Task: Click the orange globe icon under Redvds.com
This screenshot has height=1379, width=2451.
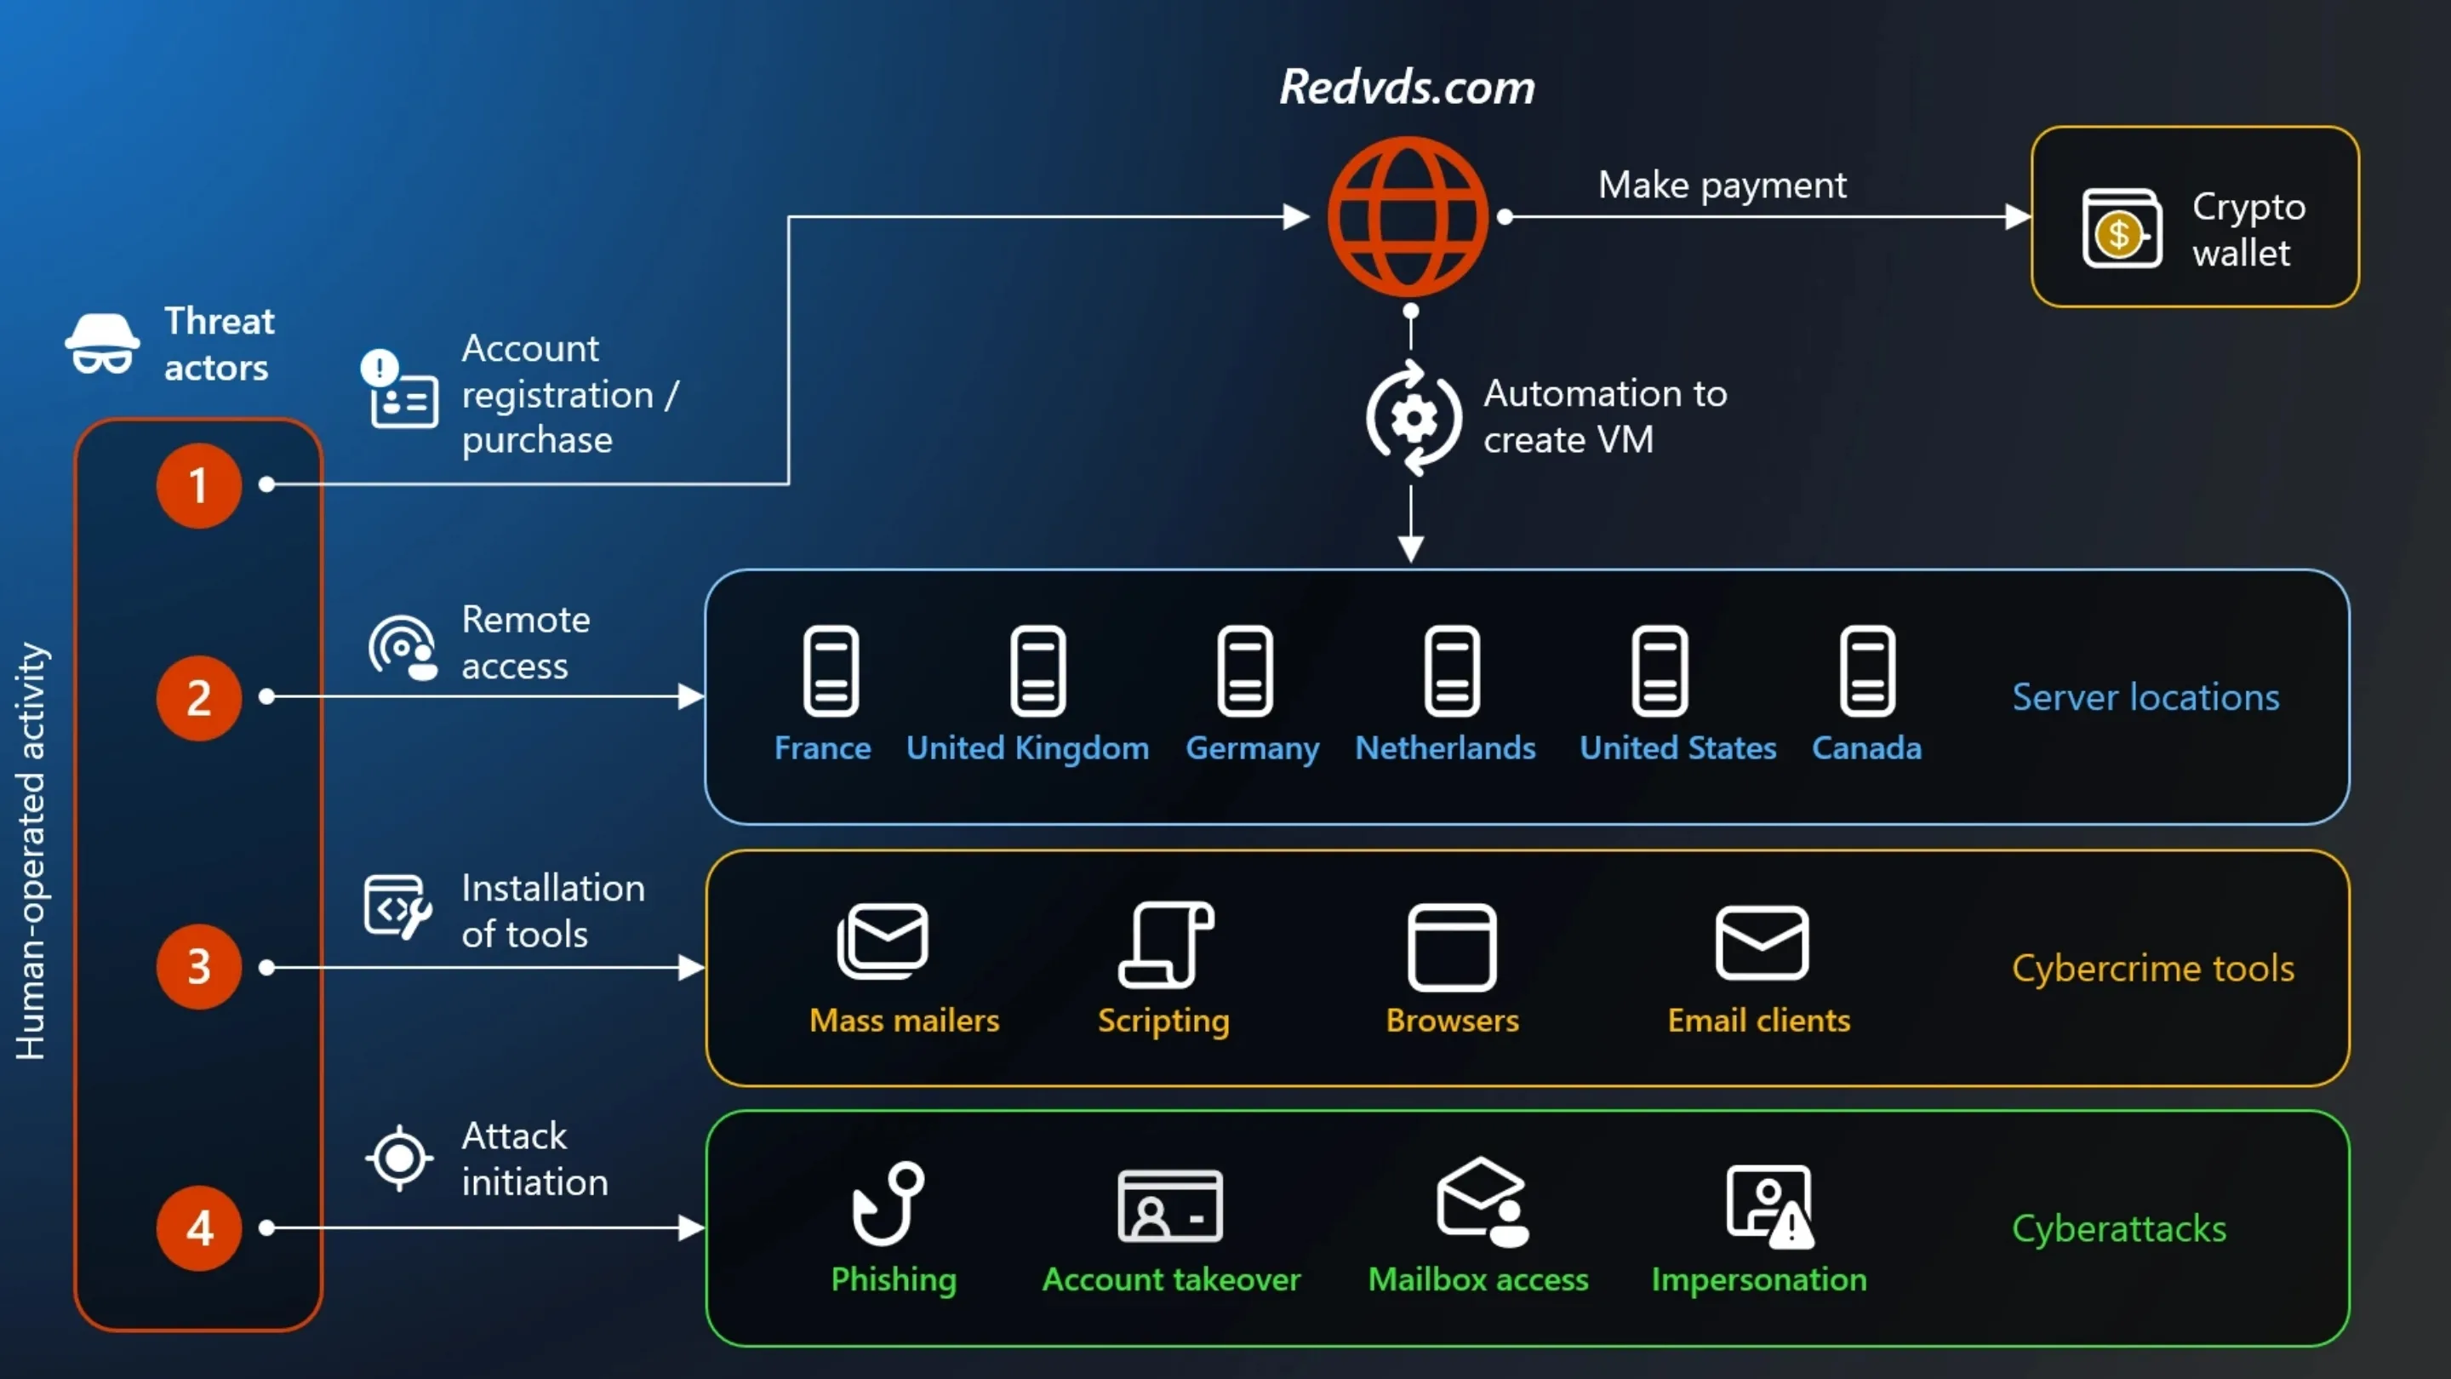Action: click(1408, 217)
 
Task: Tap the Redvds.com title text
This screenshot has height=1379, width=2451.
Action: click(1406, 88)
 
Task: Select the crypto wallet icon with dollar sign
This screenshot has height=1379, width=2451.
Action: click(2121, 229)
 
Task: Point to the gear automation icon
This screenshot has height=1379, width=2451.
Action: click(1413, 418)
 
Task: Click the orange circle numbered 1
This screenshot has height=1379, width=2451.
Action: click(199, 485)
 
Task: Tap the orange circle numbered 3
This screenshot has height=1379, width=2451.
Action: click(199, 967)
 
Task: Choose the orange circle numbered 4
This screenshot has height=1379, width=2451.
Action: click(199, 1227)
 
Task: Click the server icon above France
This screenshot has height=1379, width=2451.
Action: click(831, 671)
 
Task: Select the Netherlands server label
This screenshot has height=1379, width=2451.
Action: click(1444, 748)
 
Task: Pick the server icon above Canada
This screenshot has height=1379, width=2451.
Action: click(1867, 671)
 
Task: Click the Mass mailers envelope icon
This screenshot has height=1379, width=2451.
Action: click(883, 941)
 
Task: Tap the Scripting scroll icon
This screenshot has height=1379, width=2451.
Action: click(1166, 944)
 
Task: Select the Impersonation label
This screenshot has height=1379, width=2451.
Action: click(1758, 1280)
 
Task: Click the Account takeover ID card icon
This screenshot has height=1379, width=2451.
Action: click(1169, 1206)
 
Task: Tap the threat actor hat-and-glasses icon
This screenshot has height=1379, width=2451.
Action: click(102, 344)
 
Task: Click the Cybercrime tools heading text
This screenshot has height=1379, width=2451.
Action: click(2152, 969)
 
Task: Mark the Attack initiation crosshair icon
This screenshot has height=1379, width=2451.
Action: click(400, 1159)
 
